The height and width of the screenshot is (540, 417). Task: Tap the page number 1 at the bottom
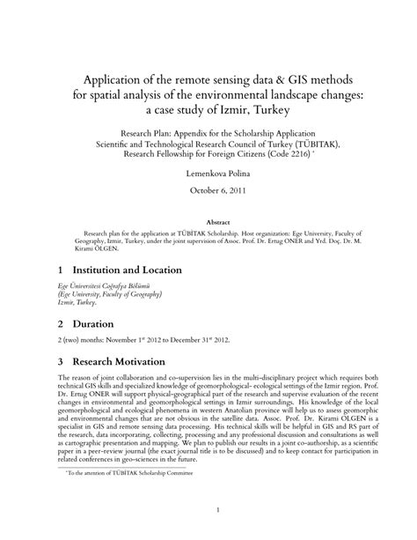(208, 509)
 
